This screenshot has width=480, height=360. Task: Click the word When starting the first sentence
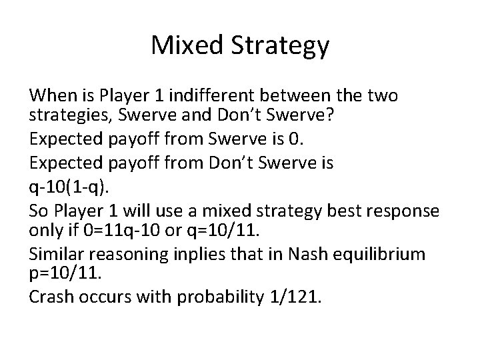pos(50,96)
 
